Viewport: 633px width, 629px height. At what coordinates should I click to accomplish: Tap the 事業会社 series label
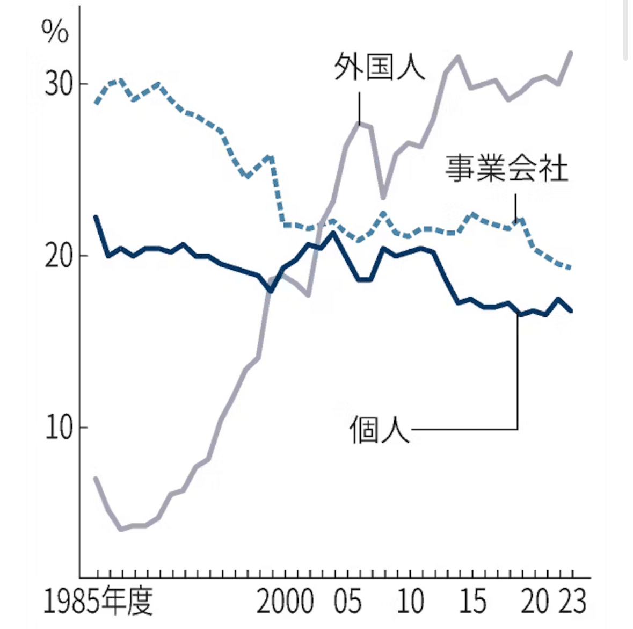click(506, 168)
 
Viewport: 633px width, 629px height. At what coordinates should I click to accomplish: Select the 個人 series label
click(380, 430)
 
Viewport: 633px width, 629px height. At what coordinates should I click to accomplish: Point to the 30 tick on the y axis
click(58, 84)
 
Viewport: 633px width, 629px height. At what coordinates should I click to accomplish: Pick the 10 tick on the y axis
click(58, 428)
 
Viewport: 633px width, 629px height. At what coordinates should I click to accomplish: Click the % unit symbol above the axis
click(55, 32)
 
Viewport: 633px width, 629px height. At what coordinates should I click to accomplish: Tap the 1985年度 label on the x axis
click(98, 601)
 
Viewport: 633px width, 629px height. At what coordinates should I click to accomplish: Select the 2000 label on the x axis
click(285, 601)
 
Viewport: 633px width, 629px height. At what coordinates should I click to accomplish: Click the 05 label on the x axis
click(347, 601)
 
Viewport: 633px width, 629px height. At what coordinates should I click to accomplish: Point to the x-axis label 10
click(410, 601)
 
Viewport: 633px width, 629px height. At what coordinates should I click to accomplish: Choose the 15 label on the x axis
click(472, 601)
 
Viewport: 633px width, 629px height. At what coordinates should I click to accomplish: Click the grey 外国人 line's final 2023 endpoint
click(571, 53)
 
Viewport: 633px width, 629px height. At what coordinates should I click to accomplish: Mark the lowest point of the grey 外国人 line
click(121, 529)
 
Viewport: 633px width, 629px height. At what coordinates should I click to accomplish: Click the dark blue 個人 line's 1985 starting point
click(96, 216)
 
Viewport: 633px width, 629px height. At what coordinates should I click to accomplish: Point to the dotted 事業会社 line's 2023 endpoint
click(571, 267)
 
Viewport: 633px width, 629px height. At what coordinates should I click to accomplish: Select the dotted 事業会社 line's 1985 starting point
click(96, 103)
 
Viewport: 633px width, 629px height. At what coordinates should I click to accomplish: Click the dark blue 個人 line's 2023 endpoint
click(571, 310)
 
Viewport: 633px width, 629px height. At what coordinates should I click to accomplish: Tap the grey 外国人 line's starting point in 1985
click(96, 478)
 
